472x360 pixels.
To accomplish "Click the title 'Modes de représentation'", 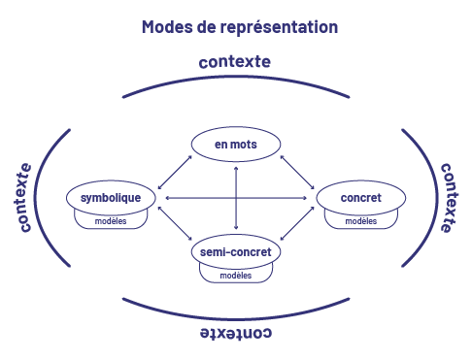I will pos(239,27).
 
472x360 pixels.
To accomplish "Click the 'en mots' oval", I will pos(235,145).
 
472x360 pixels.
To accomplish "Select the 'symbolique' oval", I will pos(111,198).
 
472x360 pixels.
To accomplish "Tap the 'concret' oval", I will pos(360,198).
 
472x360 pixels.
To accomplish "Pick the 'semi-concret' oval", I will pos(235,252).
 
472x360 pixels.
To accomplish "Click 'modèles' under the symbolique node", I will pos(111,221).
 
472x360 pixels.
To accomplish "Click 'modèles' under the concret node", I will pos(360,221).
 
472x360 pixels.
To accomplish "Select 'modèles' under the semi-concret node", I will pos(235,276).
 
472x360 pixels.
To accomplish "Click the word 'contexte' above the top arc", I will pos(234,62).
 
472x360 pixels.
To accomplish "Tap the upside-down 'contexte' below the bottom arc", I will pos(235,333).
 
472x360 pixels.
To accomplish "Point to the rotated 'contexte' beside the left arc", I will pos(24,198).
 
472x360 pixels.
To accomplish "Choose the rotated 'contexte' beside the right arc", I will pos(447,198).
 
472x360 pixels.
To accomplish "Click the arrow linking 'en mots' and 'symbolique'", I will pos(175,169).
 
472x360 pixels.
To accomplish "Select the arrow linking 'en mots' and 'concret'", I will pos(297,169).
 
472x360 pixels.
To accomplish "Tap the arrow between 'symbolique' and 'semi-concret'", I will pos(175,225).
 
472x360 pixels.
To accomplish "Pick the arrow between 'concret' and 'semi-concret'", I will pos(297,225).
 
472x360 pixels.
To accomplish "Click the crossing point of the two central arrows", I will pos(236,198).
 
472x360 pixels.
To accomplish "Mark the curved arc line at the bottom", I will pos(235,315).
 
